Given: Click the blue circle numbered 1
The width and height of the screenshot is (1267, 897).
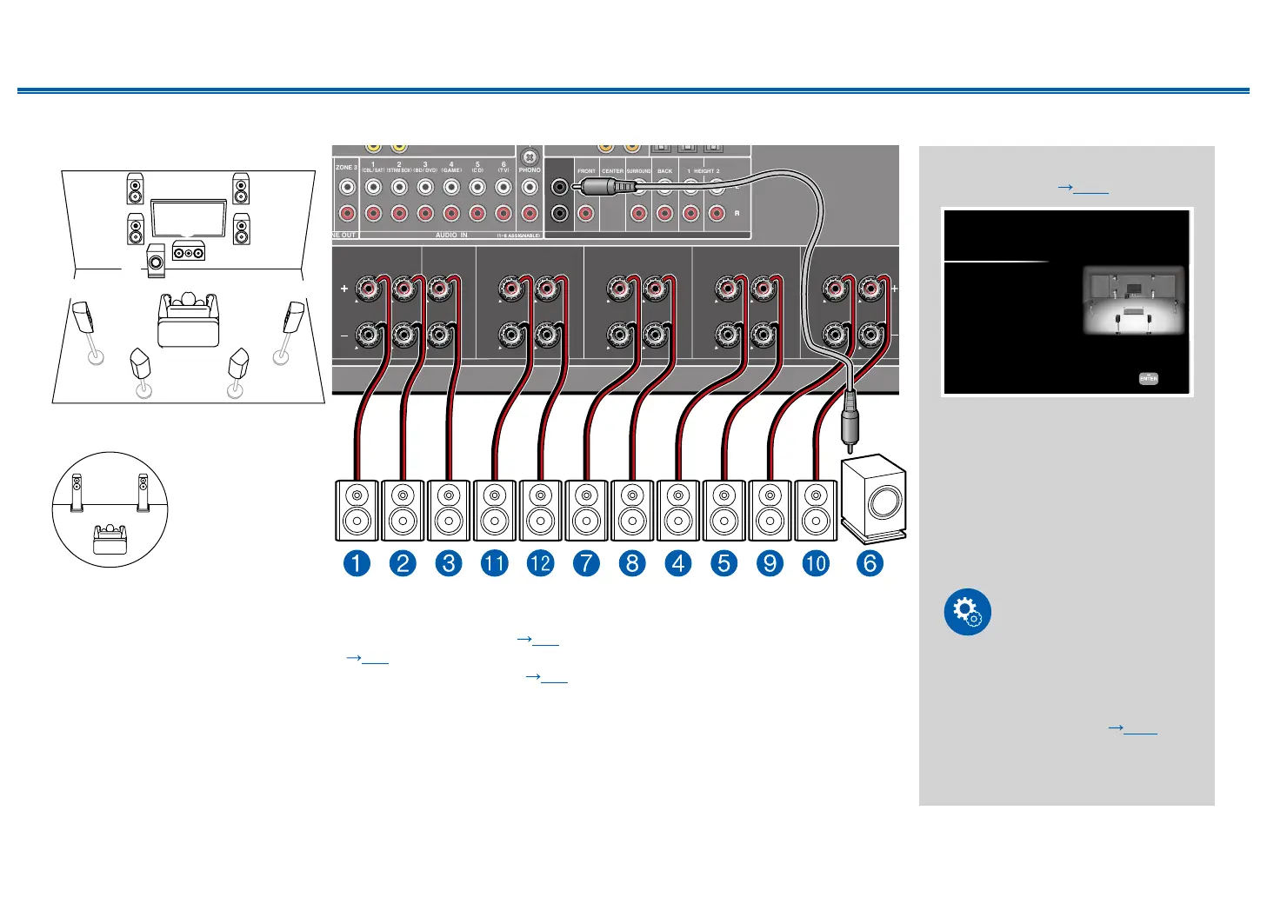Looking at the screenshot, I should click(x=357, y=563).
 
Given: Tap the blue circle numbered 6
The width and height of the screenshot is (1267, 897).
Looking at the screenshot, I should click(x=870, y=563).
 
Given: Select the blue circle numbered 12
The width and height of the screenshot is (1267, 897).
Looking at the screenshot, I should click(x=540, y=563).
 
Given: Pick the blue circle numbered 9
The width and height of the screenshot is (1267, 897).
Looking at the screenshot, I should click(x=770, y=563).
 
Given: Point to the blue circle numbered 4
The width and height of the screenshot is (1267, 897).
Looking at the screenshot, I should click(x=678, y=563).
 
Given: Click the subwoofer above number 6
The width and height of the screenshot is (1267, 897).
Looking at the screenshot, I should click(x=873, y=498).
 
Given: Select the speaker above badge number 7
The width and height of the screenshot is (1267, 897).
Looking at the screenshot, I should click(x=587, y=510).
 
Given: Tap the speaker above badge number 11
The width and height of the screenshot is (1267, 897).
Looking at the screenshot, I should click(x=495, y=510).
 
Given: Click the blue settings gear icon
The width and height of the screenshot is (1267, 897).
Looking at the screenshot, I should click(x=967, y=612).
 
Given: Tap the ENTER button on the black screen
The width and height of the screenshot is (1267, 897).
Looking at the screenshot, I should click(x=1148, y=379).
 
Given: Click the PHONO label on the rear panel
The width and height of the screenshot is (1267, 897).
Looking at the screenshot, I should click(x=530, y=170).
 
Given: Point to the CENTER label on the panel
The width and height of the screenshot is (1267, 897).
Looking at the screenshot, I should click(x=612, y=171).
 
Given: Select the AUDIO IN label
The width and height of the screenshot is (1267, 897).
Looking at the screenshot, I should click(x=451, y=236).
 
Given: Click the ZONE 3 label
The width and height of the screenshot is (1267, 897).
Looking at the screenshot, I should click(x=346, y=167).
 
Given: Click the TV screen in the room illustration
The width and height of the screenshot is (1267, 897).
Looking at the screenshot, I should click(x=189, y=218).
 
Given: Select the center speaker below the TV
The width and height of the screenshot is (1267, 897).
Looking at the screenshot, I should click(x=189, y=251).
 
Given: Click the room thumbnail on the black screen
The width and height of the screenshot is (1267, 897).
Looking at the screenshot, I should click(x=1133, y=300).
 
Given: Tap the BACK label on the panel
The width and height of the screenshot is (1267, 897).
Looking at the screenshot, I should click(x=664, y=171).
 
